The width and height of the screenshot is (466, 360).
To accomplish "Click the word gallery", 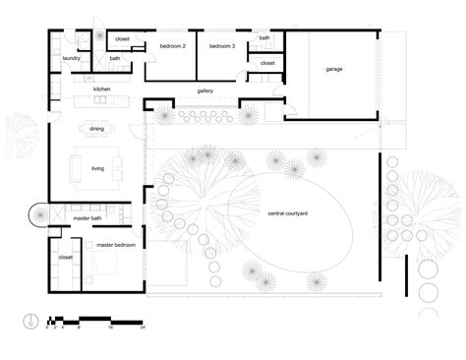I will tap(204, 90).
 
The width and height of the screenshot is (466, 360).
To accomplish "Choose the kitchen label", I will tap(102, 90).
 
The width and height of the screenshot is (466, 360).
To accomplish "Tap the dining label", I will tap(97, 129).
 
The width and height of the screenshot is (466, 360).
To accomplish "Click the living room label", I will tap(97, 168).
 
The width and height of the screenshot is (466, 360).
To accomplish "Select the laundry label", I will tap(70, 58).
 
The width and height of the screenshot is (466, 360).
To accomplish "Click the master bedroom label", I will tap(110, 243).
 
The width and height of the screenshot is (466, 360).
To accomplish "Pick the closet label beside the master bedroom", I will tap(66, 257).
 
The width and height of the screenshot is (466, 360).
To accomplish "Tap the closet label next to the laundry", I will tap(122, 39).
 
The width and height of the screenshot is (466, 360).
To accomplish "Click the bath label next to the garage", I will tap(264, 38).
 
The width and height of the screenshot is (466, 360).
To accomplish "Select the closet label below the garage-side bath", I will tap(267, 63).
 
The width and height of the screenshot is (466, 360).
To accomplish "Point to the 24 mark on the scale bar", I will tap(143, 327).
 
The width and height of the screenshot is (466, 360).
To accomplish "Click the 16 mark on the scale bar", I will tap(111, 327).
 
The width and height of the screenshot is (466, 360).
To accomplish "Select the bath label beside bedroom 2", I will tap(115, 58).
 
